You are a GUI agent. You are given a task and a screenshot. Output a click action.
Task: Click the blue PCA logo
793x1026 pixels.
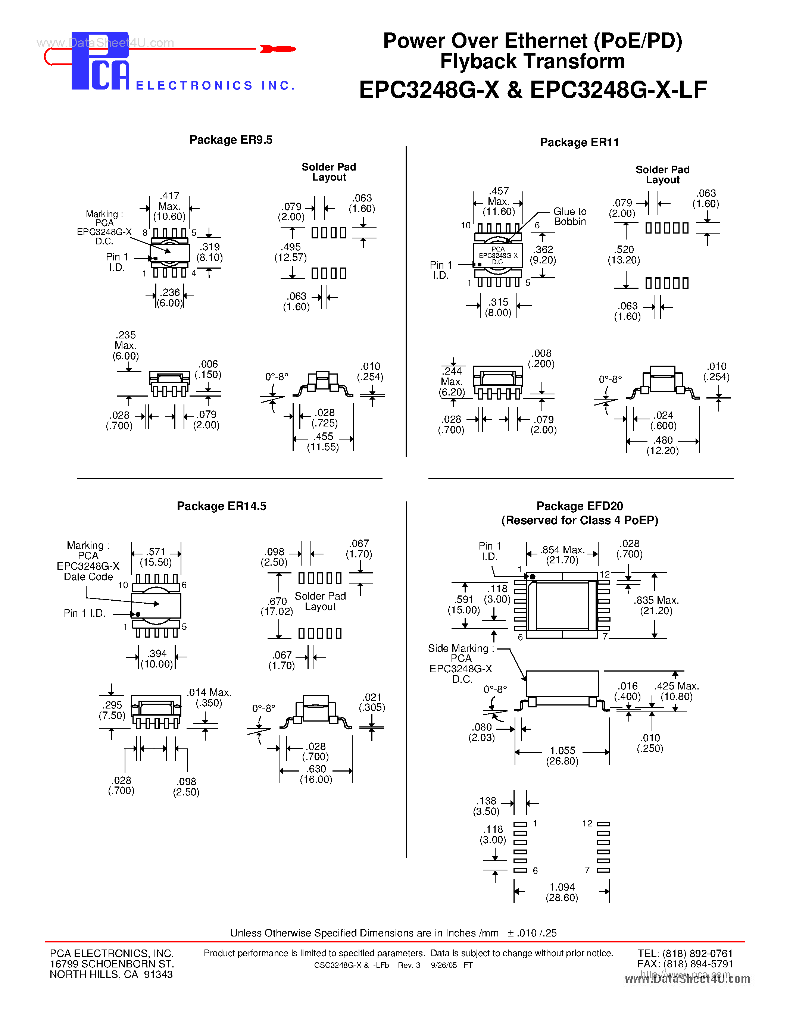coord(100,61)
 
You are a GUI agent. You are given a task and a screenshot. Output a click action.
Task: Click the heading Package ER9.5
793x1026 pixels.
coord(231,140)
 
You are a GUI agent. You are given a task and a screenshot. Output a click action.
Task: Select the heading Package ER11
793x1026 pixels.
coord(579,143)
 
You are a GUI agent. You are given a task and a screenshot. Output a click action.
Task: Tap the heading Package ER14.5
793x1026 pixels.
coord(221,506)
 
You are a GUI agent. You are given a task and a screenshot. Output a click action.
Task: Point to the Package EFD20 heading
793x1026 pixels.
coord(580,506)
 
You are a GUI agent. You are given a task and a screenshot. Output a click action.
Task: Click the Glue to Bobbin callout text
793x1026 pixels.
coord(569,216)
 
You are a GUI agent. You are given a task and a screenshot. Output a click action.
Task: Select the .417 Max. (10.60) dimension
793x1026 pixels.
coord(169,206)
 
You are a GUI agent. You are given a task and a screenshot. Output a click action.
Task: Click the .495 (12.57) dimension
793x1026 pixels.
coord(291,252)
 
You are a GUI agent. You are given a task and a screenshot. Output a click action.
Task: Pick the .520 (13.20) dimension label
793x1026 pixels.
coord(624,254)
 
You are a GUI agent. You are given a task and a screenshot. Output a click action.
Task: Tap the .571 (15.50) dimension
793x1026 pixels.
coord(156,557)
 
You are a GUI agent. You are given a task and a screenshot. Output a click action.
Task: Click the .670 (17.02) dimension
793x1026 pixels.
coord(277,606)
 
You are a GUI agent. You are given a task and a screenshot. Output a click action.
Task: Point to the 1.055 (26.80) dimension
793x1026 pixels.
coord(562,756)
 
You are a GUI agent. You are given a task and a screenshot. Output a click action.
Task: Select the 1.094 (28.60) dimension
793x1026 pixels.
coord(562,892)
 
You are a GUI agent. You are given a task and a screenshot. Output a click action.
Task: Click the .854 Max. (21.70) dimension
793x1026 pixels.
coord(562,555)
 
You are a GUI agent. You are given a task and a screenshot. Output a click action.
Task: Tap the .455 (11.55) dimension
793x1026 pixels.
coord(323,442)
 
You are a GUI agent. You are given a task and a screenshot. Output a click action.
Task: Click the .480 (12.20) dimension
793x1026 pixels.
coord(663,445)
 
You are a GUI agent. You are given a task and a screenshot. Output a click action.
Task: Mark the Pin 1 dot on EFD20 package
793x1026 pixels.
coord(532,576)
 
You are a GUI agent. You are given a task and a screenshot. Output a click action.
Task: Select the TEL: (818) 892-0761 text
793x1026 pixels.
coord(685,953)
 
